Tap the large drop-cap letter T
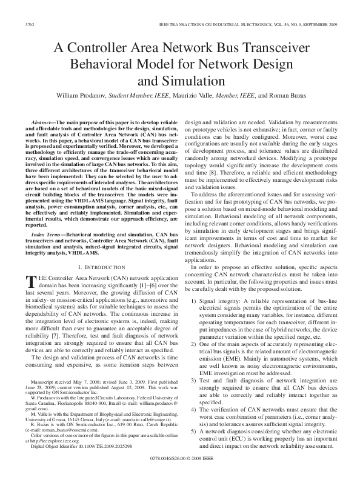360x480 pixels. coord(30,280)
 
